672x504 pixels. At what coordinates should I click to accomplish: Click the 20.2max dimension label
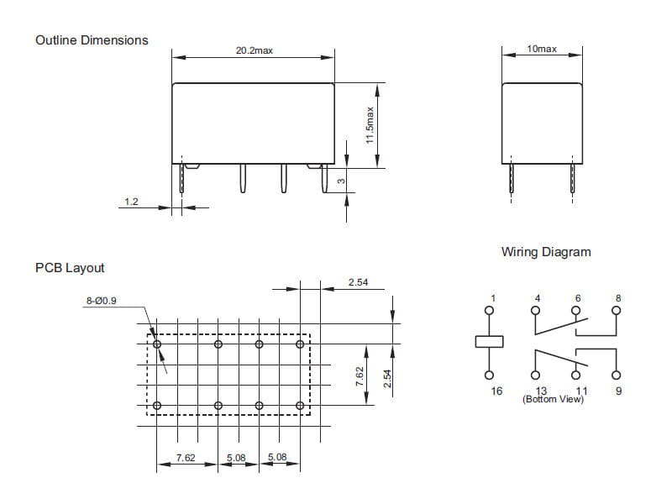click(254, 50)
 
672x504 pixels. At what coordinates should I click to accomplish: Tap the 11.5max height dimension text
click(370, 125)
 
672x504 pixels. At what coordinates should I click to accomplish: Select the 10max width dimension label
click(542, 50)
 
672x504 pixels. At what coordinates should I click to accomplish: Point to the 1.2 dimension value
click(131, 202)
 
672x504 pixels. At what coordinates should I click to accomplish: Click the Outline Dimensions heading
click(92, 39)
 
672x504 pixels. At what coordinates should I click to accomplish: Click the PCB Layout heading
click(70, 268)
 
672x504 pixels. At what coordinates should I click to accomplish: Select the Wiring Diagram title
click(546, 252)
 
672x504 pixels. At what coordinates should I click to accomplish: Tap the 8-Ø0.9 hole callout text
click(101, 300)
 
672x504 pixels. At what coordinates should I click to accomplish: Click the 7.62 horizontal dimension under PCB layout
click(185, 458)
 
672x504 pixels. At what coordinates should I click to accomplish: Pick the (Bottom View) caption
click(553, 399)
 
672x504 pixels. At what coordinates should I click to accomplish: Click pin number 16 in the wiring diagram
click(496, 391)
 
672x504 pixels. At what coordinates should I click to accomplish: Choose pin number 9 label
click(618, 391)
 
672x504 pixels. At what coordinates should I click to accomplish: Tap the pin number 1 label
click(494, 297)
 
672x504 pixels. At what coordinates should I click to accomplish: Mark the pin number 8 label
click(618, 297)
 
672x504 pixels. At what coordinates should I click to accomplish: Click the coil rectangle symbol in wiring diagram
click(490, 341)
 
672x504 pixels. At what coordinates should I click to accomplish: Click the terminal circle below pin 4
click(538, 309)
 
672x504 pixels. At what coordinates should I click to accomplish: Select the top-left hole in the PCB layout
click(157, 344)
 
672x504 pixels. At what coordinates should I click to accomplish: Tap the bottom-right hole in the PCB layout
click(300, 406)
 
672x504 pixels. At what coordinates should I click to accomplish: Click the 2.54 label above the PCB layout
click(358, 282)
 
